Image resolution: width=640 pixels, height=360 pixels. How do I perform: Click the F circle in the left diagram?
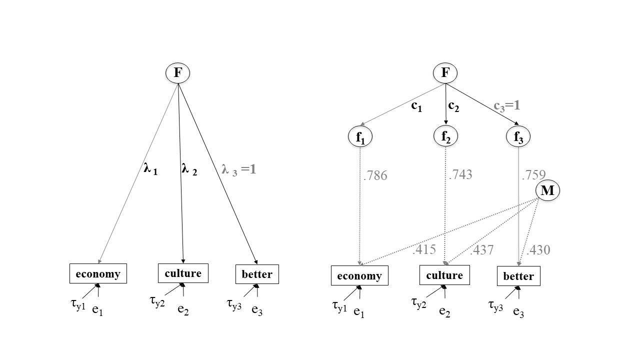coord(177,73)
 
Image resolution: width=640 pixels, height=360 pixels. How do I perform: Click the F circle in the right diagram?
coord(445,73)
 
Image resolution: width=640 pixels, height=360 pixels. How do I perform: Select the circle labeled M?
coord(547,190)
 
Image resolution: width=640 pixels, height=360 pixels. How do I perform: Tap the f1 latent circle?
coord(360,137)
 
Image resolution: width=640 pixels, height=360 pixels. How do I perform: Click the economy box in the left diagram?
coord(98,273)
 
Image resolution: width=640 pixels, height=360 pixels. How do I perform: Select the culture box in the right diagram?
coord(444,275)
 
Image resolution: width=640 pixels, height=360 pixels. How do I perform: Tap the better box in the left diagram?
coord(257,274)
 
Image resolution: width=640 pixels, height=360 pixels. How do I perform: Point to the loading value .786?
coord(376,175)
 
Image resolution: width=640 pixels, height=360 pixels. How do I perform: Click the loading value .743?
coord(461,174)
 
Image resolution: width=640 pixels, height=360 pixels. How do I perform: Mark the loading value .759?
coord(533,175)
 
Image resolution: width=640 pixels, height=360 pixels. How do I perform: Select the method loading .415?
coord(424,249)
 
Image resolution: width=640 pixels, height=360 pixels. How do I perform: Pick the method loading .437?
coord(482,249)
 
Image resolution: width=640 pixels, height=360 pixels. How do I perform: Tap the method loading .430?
coord(538,249)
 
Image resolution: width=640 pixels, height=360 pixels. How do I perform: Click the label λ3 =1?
coord(238,169)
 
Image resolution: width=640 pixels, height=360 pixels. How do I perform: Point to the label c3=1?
coord(507,105)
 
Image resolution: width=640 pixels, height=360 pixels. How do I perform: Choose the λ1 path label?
coord(150,169)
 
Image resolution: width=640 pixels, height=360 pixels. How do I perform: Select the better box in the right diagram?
coord(518,276)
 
